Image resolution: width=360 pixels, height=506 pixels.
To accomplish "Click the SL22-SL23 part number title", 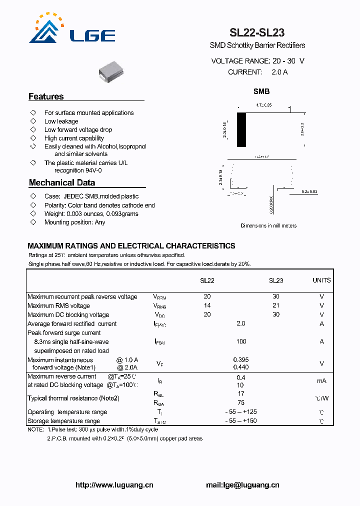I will pyautogui.click(x=257, y=33).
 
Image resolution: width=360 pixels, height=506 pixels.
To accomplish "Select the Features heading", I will pyautogui.click(x=46, y=96).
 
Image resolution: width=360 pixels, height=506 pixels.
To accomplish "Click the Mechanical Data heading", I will pyautogui.click(x=61, y=182).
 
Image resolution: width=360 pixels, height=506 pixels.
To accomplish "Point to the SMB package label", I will pyautogui.click(x=261, y=91).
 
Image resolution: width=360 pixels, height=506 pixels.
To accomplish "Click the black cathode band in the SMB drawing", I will pyautogui.click(x=241, y=130).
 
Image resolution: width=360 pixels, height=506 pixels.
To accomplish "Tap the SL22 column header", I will pyautogui.click(x=207, y=280).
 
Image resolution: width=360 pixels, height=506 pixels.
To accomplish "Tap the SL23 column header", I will pyautogui.click(x=276, y=280).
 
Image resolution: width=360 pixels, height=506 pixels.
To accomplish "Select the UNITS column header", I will pyautogui.click(x=321, y=280).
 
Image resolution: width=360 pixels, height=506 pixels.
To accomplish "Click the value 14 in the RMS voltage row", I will pyautogui.click(x=207, y=305).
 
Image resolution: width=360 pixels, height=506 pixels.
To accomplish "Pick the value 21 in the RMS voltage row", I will pyautogui.click(x=276, y=305).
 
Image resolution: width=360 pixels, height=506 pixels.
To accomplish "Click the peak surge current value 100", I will pyautogui.click(x=241, y=341).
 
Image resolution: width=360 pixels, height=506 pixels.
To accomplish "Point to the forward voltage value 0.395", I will pyautogui.click(x=241, y=359).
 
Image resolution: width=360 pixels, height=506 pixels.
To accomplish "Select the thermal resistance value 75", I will pyautogui.click(x=241, y=402).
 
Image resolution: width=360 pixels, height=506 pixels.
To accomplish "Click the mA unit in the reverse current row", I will pyautogui.click(x=321, y=381).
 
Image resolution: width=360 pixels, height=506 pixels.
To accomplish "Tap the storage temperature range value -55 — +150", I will pyautogui.click(x=241, y=421).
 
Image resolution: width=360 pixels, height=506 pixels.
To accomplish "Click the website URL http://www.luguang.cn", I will pyautogui.click(x=114, y=485).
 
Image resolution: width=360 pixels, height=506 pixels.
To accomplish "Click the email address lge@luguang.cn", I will pyautogui.click(x=242, y=485).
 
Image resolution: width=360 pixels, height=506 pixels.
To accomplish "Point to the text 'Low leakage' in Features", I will pyautogui.click(x=61, y=121).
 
